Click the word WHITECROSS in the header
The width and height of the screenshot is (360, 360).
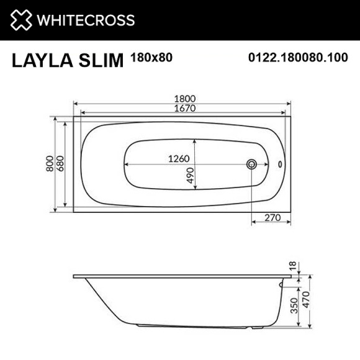(x=86, y=20)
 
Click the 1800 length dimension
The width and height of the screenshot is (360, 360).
(x=182, y=97)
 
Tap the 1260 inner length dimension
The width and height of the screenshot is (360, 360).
(x=178, y=158)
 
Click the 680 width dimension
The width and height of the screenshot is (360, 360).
(x=60, y=164)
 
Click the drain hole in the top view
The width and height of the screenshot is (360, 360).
(x=251, y=164)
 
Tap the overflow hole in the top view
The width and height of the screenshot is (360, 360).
(x=279, y=164)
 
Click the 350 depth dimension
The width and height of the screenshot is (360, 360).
(x=293, y=306)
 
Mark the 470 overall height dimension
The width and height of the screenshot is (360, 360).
(x=305, y=306)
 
